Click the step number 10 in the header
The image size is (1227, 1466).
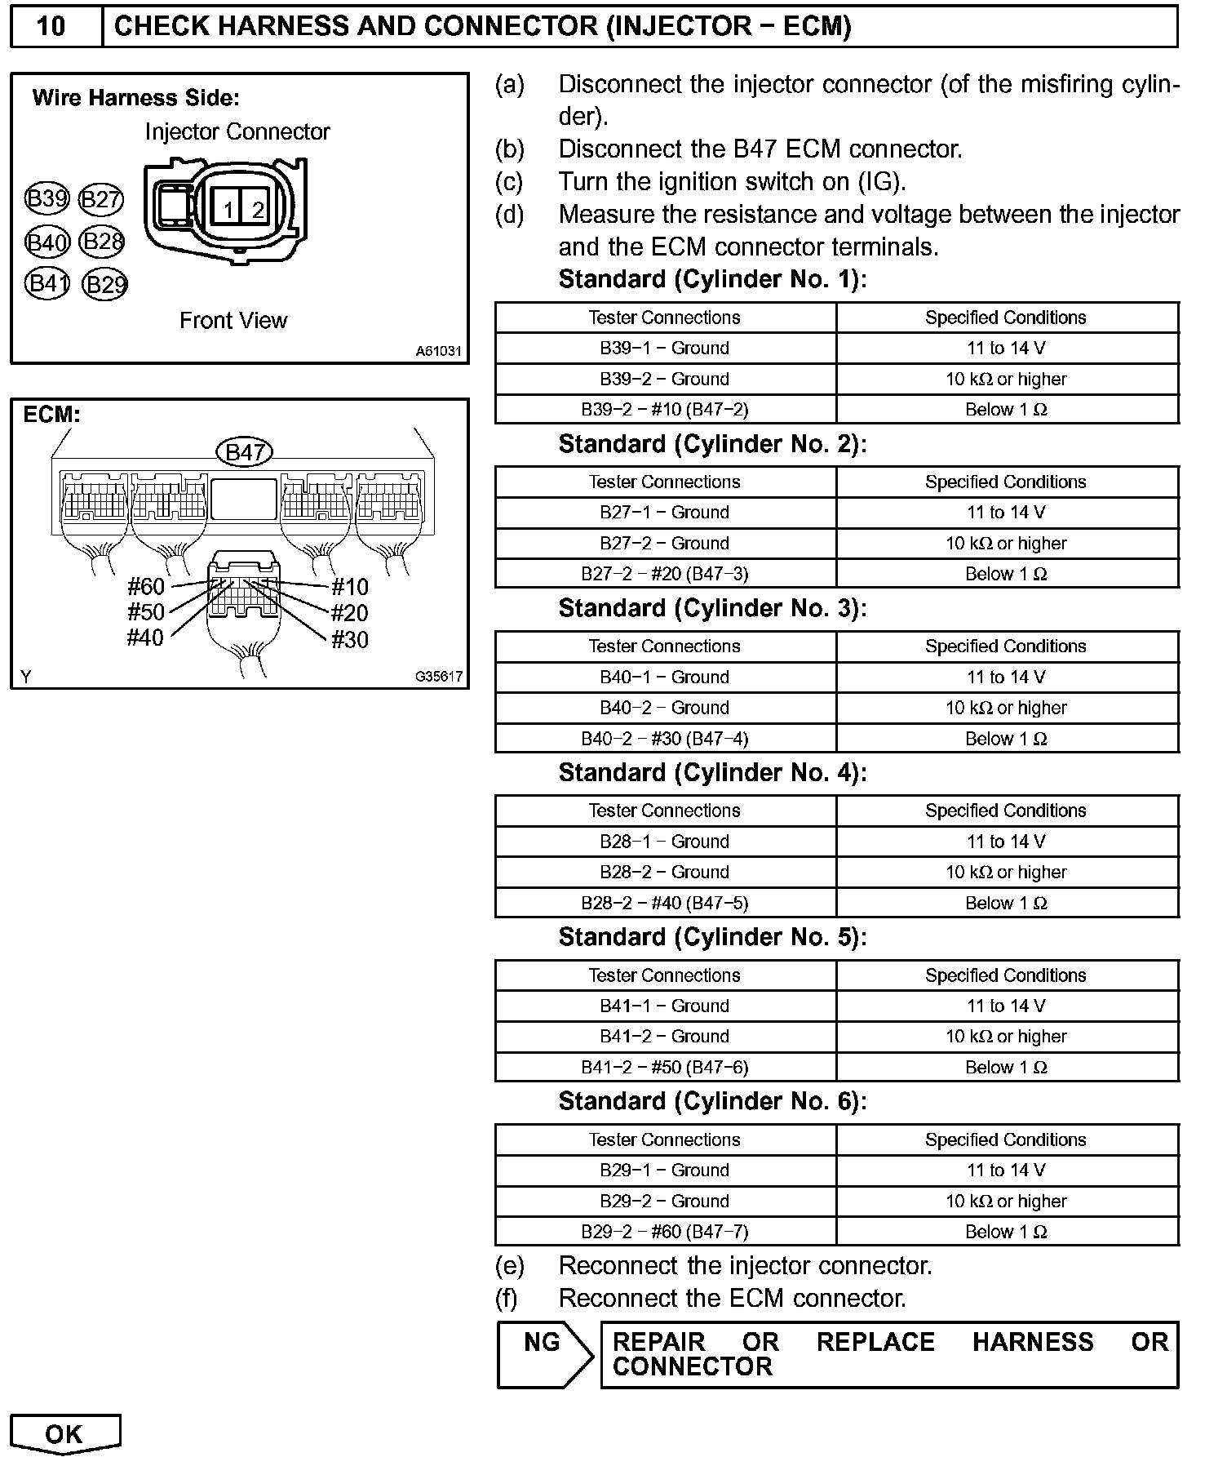[x=51, y=26]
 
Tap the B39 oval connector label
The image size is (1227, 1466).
[x=47, y=199]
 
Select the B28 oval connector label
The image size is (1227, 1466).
[x=103, y=242]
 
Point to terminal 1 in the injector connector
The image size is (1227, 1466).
[x=228, y=209]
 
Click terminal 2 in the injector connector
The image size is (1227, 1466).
[x=257, y=209]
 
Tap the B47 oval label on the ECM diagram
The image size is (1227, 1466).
[x=244, y=452]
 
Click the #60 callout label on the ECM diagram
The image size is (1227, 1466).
[x=146, y=586]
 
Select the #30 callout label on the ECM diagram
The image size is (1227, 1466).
[x=350, y=640]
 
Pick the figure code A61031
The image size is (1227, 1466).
[x=438, y=352]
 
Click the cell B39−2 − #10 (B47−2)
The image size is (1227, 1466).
[x=665, y=410]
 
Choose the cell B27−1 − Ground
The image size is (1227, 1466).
[x=665, y=513]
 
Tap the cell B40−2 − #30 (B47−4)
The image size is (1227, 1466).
[x=665, y=739]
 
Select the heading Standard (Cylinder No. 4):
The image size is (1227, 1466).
[x=712, y=772]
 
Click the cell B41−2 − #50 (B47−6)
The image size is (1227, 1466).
[x=665, y=1068]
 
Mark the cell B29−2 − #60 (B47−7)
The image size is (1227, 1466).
[x=665, y=1232]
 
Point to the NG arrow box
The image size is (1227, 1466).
[x=545, y=1355]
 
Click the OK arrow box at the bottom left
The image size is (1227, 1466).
[x=64, y=1434]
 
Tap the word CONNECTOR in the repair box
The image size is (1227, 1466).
[x=692, y=1367]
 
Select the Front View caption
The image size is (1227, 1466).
[x=233, y=321]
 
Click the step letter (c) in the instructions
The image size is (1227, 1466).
[x=510, y=181]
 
